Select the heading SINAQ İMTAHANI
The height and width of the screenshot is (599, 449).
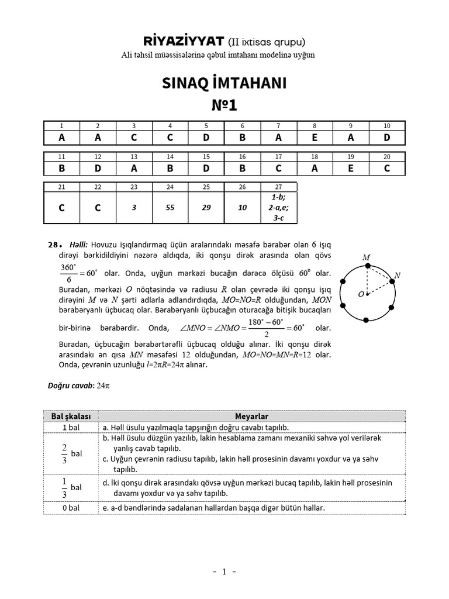pyautogui.click(x=224, y=84)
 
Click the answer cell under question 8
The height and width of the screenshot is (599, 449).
pyautogui.click(x=315, y=137)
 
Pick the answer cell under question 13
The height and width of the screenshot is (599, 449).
pyautogui.click(x=134, y=168)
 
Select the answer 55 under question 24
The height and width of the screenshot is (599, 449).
pyautogui.click(x=170, y=207)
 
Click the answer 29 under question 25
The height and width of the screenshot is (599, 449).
pyautogui.click(x=206, y=207)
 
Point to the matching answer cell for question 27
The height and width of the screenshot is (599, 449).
pyautogui.click(x=279, y=207)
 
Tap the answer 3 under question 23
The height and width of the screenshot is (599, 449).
pyautogui.click(x=134, y=207)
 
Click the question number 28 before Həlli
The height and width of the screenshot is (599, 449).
pyautogui.click(x=53, y=245)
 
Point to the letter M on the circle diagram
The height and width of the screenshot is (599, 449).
pyautogui.click(x=367, y=257)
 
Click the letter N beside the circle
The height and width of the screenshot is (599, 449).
pyautogui.click(x=398, y=275)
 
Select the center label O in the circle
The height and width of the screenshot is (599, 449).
pyautogui.click(x=361, y=294)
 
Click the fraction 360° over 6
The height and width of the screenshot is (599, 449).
pyautogui.click(x=68, y=273)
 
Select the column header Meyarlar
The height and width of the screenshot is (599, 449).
pyautogui.click(x=251, y=416)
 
